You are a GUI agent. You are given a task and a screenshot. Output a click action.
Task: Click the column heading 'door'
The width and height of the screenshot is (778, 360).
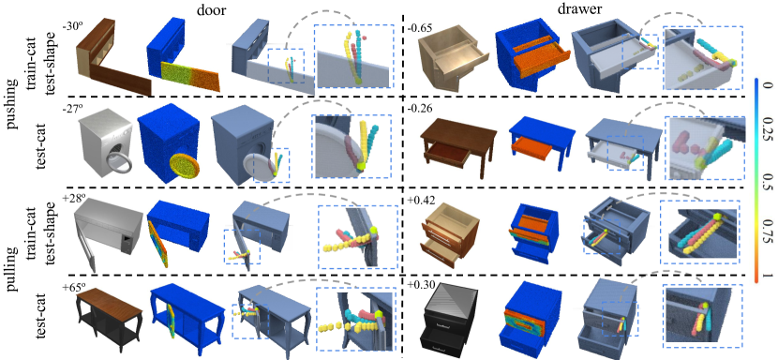coord(208,9)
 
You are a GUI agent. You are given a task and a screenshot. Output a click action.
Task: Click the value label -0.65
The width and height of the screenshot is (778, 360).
coord(418,28)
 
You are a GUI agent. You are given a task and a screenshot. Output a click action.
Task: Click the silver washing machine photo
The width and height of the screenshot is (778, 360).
coord(105,145)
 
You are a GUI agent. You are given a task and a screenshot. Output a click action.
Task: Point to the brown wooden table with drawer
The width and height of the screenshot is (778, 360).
coord(458,144)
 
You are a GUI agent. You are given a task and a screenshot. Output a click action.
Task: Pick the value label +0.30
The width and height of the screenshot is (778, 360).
coord(419,284)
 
